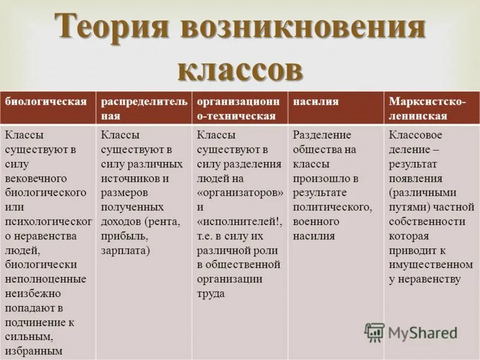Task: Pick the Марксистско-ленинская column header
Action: [x=427, y=109]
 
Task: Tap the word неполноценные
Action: [x=46, y=279]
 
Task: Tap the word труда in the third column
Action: [x=211, y=293]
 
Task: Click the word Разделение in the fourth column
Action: [x=322, y=135]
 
